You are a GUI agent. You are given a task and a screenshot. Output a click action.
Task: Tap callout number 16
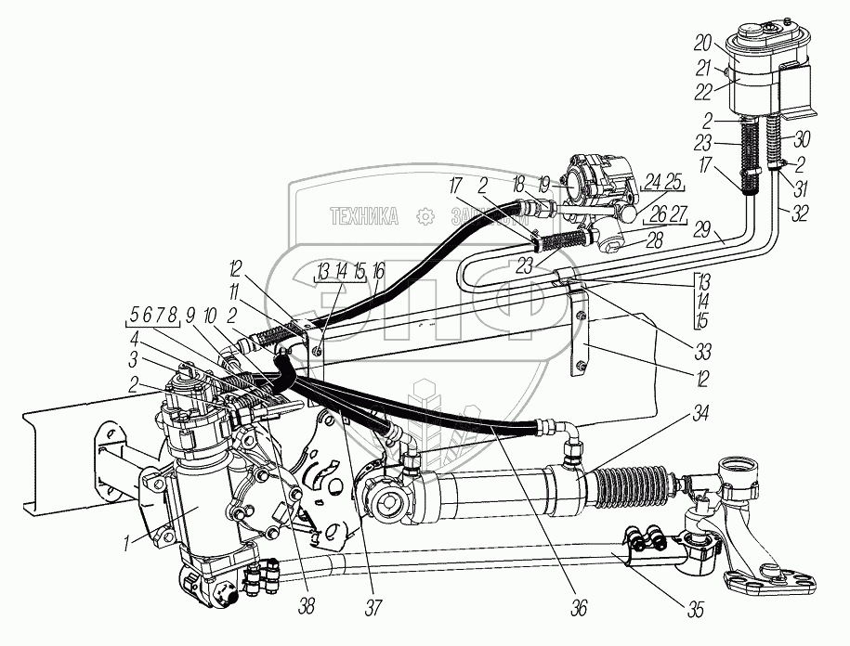click(377, 272)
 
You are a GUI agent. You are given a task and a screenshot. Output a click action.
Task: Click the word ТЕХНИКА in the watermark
click(364, 218)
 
